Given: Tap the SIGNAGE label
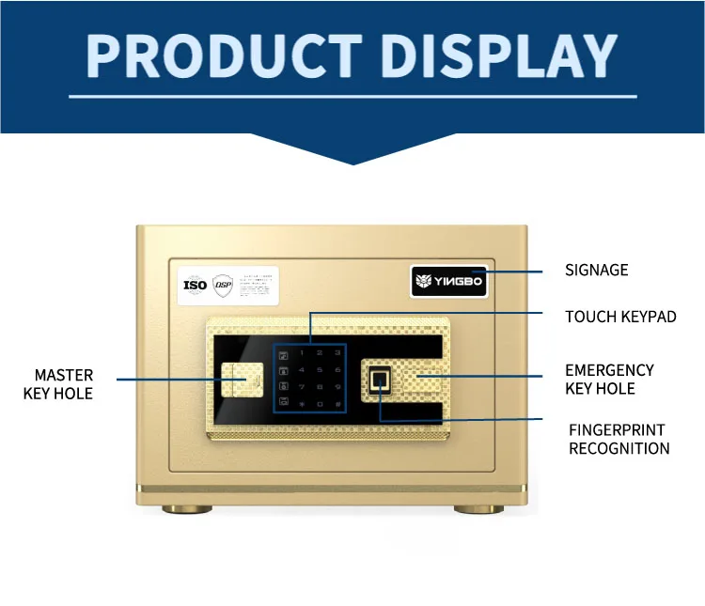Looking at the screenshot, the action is click(596, 271).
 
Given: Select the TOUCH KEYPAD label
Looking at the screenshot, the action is click(620, 317).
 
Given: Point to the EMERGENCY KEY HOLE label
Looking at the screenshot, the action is click(609, 380).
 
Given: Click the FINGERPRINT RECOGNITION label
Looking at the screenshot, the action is click(619, 439).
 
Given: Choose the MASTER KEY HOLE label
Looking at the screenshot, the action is click(58, 385).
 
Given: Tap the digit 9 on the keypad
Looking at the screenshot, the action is click(337, 387).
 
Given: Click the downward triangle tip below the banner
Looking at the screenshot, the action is click(352, 162).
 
